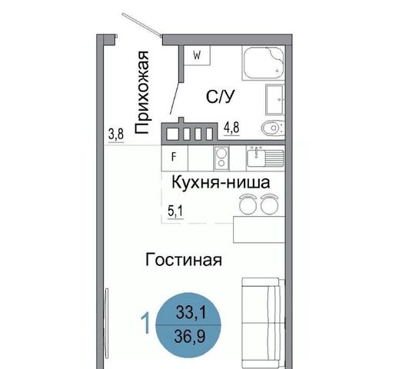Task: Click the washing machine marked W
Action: pos(197,55)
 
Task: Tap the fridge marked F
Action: pos(175,158)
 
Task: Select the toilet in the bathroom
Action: pos(273,128)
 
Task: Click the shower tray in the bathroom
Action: pos(264,63)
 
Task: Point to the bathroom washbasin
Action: pos(275,99)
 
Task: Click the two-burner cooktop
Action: pos(221,158)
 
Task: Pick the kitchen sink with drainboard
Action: pos(265,157)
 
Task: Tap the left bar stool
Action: pos(248,204)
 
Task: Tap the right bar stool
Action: pos(269,204)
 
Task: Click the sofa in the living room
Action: pos(264,323)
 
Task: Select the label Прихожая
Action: pos(141,92)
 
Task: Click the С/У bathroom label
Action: pos(221,97)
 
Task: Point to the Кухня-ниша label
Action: pos(221,182)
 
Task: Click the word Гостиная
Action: pos(184,260)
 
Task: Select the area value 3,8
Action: pos(116,135)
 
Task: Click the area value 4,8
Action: pos(231,128)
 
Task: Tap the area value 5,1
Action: pos(175,211)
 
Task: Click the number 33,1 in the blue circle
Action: pos(191,313)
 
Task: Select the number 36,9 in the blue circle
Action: pos(190,336)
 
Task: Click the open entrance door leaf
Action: pos(141,25)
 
